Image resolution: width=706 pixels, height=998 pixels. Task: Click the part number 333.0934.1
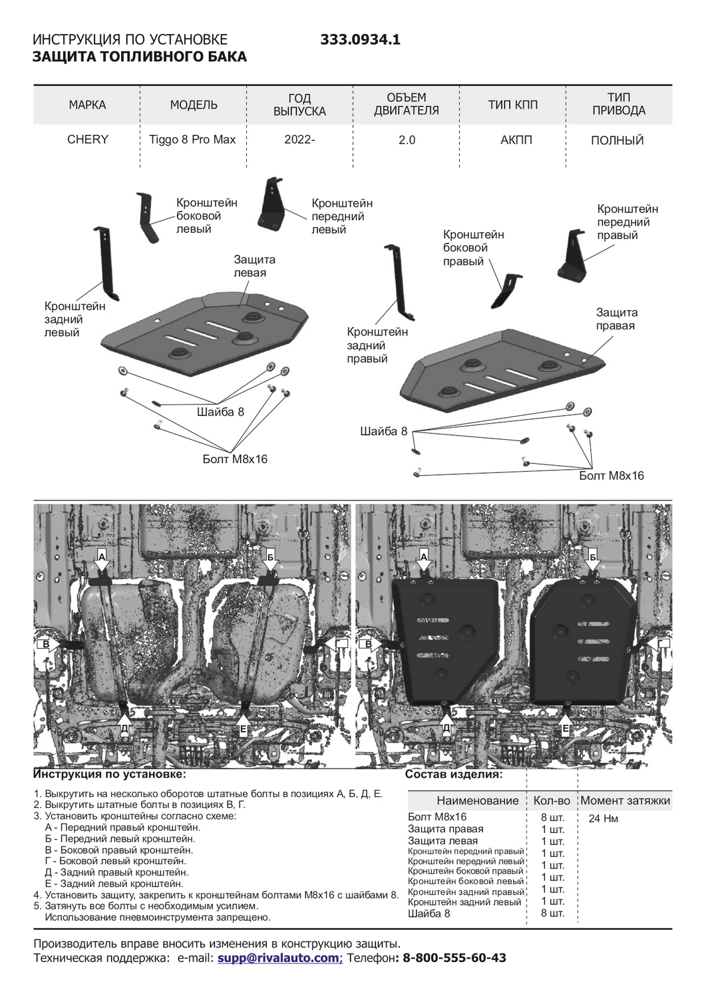point(360,39)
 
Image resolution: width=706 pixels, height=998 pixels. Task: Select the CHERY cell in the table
point(87,140)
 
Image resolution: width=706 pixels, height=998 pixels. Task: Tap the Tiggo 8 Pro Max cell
point(192,140)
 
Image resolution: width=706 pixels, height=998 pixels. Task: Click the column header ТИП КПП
point(512,104)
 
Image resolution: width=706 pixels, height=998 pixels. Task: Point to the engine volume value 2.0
point(407,140)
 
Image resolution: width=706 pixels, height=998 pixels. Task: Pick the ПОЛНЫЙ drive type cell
point(617,140)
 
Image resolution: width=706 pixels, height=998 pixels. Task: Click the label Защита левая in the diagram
point(254,266)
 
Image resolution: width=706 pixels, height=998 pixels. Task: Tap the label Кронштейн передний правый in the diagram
point(627,222)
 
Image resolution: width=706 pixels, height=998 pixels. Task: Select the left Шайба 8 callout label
point(220,412)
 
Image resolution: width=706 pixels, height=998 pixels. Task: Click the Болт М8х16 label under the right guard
point(611,476)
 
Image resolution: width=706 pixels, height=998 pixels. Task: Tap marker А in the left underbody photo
point(102,556)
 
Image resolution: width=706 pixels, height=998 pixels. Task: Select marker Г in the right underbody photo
point(663,643)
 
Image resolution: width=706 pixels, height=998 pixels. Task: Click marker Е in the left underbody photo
point(244,729)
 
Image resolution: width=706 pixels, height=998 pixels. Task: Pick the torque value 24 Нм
point(603,818)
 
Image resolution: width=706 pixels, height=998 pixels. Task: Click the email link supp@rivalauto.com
point(278,958)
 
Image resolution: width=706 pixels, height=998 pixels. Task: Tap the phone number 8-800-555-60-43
point(454,958)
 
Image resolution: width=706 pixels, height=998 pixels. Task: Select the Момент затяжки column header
point(625,800)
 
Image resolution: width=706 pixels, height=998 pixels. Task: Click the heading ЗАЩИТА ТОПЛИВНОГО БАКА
point(140,57)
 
